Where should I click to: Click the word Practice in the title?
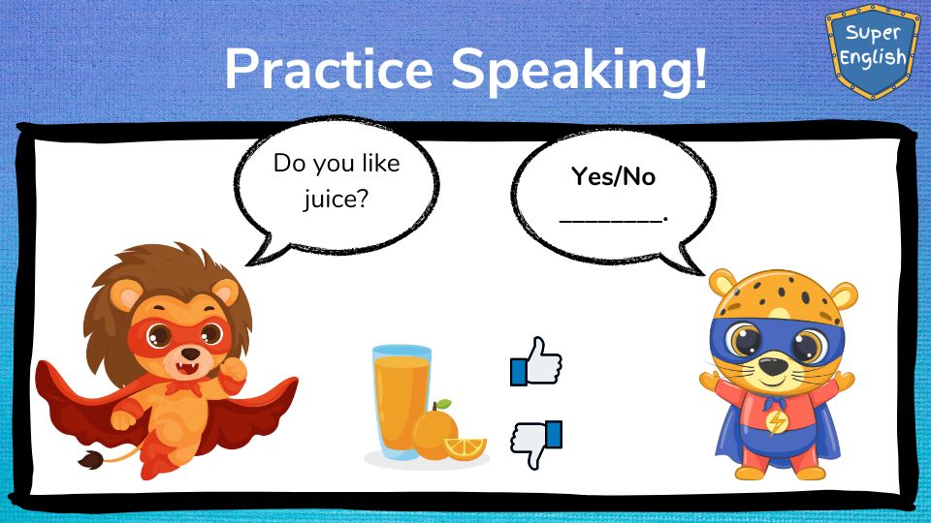coord(329,69)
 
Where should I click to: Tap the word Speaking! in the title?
coord(579,71)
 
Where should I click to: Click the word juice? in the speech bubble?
coord(337,200)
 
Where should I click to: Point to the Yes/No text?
coord(613,176)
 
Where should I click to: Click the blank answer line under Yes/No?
coord(613,220)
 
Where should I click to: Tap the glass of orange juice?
coord(401,402)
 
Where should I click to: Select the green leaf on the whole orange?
coord(443,405)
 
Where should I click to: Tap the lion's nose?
coord(190,354)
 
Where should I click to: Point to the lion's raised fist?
coord(234,371)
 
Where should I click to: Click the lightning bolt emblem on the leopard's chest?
coord(776,421)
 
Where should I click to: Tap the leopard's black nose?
coord(774,366)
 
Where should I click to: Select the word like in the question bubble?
coord(380,163)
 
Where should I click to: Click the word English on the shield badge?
coord(873,58)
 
